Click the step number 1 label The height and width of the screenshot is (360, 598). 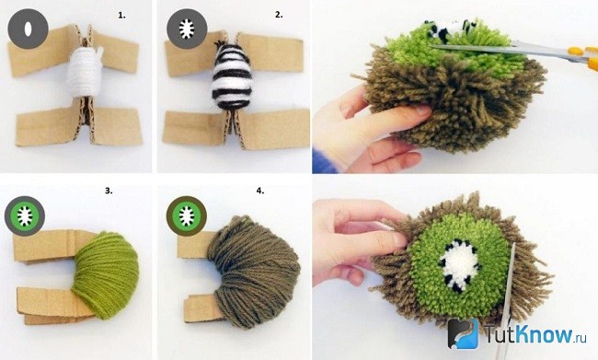[121, 16]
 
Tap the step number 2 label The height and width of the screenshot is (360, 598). [279, 15]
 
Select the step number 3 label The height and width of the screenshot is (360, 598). [109, 191]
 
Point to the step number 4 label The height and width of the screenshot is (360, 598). [259, 191]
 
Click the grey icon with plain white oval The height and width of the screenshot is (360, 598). [28, 29]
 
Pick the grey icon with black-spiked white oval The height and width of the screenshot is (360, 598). [187, 29]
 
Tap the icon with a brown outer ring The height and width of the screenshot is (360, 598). [187, 215]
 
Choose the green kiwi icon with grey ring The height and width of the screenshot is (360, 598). [25, 215]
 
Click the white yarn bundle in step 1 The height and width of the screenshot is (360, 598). [85, 73]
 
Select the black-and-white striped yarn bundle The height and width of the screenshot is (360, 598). [232, 76]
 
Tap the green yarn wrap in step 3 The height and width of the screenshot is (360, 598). [105, 275]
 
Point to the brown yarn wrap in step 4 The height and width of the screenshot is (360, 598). [254, 272]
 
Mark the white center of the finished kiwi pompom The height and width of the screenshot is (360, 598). [460, 265]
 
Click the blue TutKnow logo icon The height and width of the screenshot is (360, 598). [463, 333]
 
